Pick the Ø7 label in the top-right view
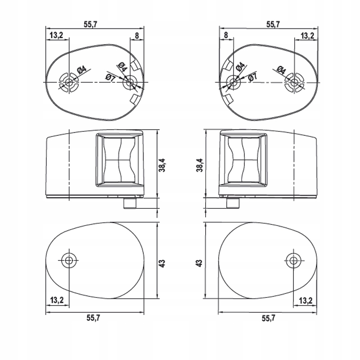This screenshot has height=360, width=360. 252,77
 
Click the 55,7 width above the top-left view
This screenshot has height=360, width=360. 90,25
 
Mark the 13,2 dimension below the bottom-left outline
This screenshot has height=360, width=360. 57,300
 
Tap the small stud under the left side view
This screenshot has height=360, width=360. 130,203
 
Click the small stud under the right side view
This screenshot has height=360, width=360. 232,203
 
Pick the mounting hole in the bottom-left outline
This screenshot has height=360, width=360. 69,259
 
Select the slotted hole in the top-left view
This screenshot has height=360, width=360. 69,82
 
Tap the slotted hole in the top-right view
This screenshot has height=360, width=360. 294,82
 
